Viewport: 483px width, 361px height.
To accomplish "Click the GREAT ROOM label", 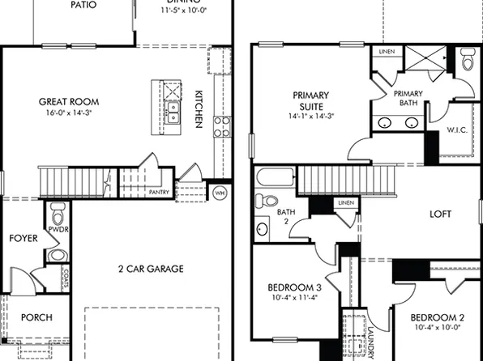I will click(x=69, y=102).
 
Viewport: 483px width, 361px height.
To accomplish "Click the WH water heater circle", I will click(x=219, y=193).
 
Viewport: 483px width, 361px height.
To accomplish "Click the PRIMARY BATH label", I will click(x=408, y=99).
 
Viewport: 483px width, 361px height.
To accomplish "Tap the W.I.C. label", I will click(x=456, y=130).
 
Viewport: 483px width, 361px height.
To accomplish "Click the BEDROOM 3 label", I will click(x=295, y=288).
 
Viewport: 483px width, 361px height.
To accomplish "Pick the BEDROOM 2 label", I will click(x=437, y=317).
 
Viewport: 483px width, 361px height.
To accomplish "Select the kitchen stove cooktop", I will click(x=221, y=125).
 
